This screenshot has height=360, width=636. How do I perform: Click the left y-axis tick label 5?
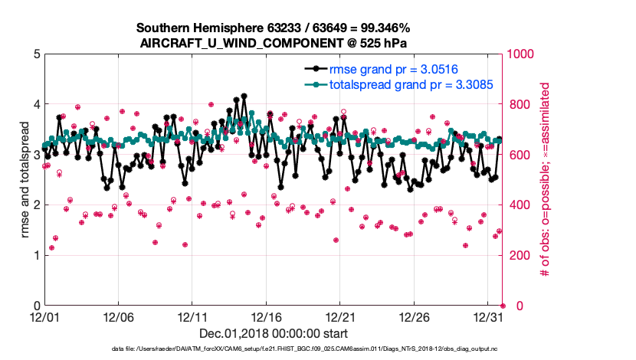point(36,54)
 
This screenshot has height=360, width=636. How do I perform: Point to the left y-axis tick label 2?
point(36,205)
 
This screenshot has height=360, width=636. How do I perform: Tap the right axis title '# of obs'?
point(546,180)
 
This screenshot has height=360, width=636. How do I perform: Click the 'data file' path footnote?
point(273,349)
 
